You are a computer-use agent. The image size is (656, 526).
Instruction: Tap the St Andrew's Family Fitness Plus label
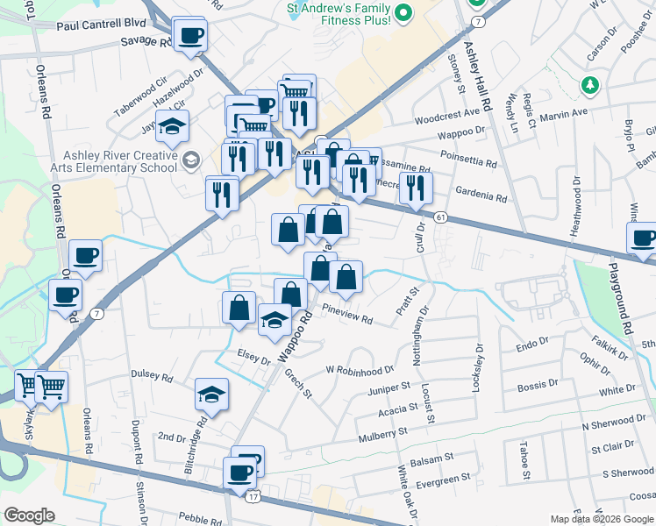[339, 13]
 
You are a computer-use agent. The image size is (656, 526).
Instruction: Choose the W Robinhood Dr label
[360, 371]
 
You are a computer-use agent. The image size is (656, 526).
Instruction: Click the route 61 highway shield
[440, 217]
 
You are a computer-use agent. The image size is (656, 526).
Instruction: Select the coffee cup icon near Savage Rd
[189, 37]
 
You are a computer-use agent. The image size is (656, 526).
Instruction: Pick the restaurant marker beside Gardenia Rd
[415, 187]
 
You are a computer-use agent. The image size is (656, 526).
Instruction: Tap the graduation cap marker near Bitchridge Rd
[211, 394]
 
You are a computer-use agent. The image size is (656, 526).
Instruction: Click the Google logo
[29, 515]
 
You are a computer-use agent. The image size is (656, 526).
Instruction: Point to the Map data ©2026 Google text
[602, 519]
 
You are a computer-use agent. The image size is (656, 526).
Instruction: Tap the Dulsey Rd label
[152, 375]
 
